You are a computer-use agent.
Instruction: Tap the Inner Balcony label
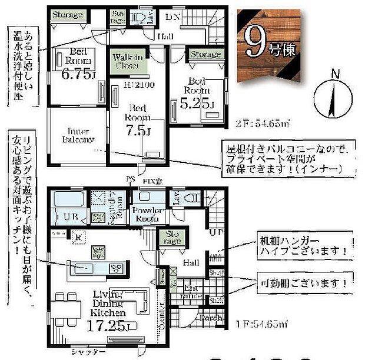[78, 135]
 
